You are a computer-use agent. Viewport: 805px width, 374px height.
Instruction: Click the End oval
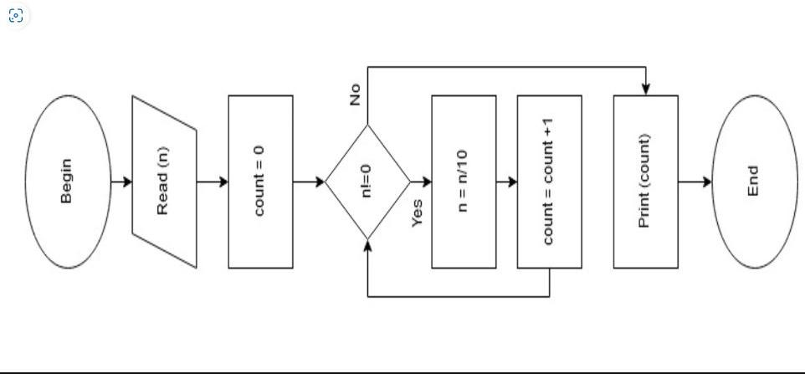[x=752, y=182]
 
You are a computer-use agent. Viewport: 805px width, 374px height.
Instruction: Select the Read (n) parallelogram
[x=164, y=182]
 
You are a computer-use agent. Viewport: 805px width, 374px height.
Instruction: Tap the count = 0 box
[x=260, y=182]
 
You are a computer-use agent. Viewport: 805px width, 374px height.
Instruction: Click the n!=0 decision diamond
[x=367, y=182]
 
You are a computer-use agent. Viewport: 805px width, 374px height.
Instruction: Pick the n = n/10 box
[x=464, y=182]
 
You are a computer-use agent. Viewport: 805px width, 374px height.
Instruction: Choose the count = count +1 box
[x=549, y=182]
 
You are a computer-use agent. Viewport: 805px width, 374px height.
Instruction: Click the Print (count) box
[x=645, y=182]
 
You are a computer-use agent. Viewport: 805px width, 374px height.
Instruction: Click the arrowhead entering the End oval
[x=707, y=182]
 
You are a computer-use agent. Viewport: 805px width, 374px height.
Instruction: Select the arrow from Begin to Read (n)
[x=121, y=182]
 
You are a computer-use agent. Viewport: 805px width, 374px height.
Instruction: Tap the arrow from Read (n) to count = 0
[x=213, y=182]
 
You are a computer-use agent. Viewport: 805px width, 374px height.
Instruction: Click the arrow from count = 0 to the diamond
[x=309, y=182]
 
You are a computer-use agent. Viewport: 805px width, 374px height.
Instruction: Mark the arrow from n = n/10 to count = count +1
[x=506, y=182]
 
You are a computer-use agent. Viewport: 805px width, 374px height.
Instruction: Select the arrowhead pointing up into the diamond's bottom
[x=367, y=244]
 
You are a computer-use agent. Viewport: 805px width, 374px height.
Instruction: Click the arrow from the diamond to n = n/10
[x=421, y=182]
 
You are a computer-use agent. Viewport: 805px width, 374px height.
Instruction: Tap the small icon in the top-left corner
[x=15, y=16]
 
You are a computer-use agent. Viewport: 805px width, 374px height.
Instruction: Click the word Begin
[x=66, y=182]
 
